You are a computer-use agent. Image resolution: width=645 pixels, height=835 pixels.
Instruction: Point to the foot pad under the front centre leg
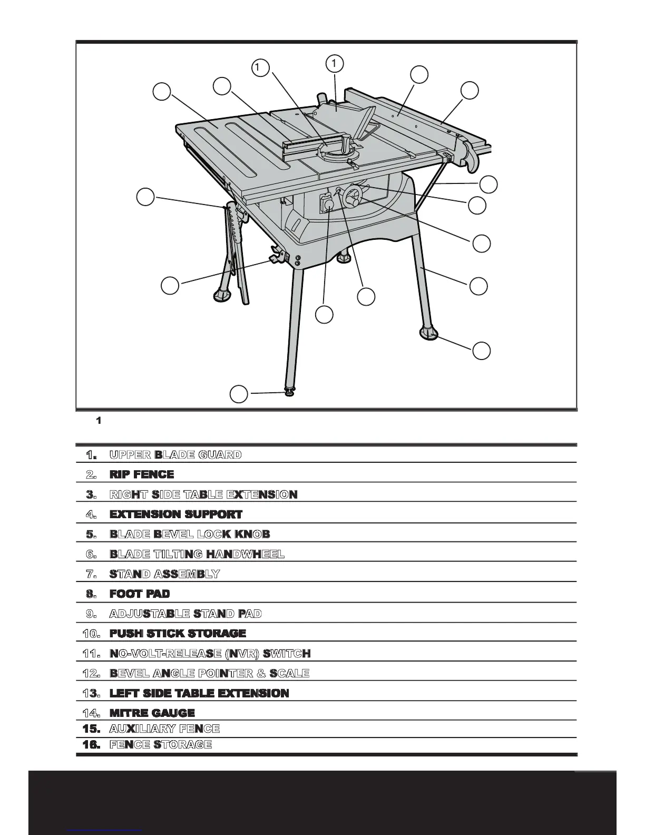click(x=289, y=392)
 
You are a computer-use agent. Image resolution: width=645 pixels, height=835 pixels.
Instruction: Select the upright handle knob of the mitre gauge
click(x=346, y=143)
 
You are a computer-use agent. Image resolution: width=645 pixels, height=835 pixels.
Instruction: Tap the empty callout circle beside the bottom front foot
click(x=239, y=394)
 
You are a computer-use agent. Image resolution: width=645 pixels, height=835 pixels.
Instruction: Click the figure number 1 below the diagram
click(x=98, y=421)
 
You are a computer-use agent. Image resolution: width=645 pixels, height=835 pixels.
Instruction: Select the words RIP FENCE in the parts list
click(x=142, y=474)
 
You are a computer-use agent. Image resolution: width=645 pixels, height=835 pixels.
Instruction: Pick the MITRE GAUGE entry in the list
click(x=152, y=713)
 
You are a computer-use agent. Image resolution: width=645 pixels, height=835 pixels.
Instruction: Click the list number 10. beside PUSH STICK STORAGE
click(x=91, y=633)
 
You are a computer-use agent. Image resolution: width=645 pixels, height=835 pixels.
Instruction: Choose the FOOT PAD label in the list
click(x=140, y=594)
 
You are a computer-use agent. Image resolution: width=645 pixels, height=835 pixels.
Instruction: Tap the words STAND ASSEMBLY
click(x=164, y=574)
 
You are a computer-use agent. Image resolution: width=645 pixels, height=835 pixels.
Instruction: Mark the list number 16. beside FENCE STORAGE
click(x=91, y=745)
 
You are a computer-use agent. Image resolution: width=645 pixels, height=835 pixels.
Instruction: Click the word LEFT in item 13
click(x=123, y=693)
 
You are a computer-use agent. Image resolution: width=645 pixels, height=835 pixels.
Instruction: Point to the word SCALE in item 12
click(x=289, y=674)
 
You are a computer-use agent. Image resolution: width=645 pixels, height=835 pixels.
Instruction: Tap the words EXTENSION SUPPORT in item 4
click(x=176, y=514)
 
